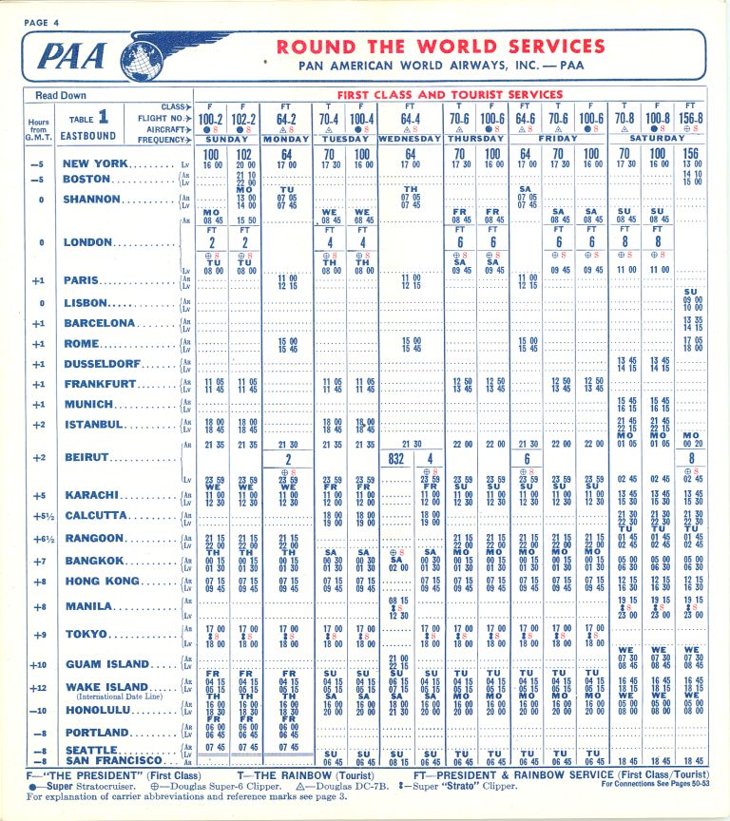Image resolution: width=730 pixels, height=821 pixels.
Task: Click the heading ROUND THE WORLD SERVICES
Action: coord(440,47)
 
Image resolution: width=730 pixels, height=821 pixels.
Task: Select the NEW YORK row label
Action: coord(95,163)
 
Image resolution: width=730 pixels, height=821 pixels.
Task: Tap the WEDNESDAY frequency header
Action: coord(411,139)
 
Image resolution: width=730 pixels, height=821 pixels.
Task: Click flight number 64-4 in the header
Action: coord(410,120)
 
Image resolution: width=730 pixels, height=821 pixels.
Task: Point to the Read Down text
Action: coord(60,96)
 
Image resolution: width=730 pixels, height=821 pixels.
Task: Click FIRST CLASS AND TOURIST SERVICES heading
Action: coord(450,95)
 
